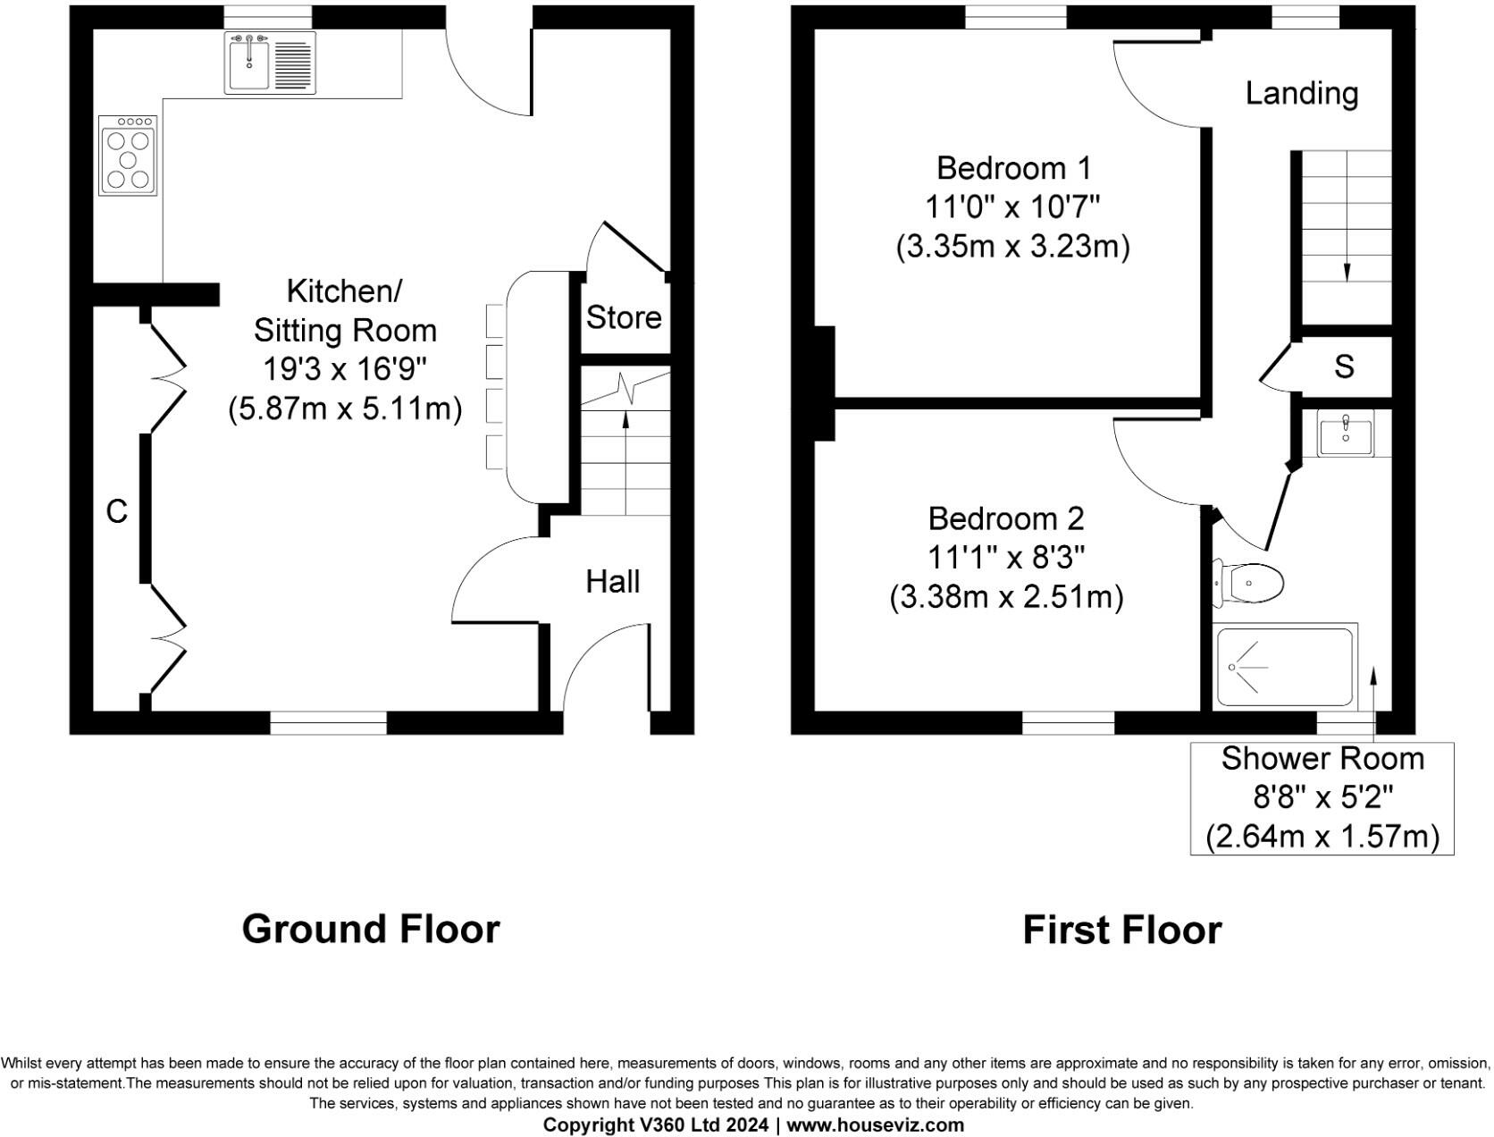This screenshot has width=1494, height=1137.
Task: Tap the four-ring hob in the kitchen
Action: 128,157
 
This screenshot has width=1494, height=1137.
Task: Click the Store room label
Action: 624,317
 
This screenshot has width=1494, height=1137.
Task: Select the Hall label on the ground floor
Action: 613,582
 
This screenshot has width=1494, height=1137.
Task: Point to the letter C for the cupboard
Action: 117,511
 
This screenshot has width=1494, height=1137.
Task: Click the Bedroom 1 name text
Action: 1013,168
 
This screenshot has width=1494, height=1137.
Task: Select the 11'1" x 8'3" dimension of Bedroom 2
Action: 1006,558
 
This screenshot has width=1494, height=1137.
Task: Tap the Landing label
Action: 1302,93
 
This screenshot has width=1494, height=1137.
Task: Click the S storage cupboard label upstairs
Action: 1344,366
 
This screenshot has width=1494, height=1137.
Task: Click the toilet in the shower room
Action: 1250,584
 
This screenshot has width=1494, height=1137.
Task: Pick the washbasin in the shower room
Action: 1345,434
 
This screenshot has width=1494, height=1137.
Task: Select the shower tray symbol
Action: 1285,667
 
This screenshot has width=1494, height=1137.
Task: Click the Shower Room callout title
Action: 1322,758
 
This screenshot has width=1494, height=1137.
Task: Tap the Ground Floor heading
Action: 371,929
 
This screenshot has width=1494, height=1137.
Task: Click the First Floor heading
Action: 1121,930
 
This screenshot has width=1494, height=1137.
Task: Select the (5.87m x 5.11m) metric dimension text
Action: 345,409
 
